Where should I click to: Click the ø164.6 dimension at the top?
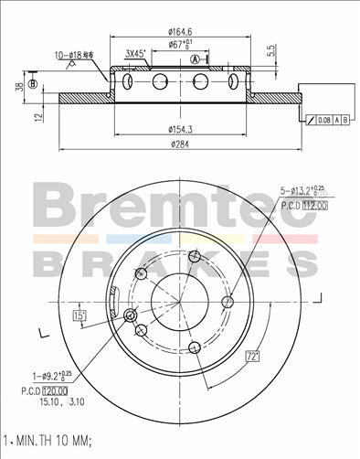coord(178,31)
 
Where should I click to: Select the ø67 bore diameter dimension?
coord(178,43)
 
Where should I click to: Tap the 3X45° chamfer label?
coord(136,53)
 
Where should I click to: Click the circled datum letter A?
coord(196,59)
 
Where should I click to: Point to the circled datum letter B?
coord(33,85)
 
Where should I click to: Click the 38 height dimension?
coord(18,88)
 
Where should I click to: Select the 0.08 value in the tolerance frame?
coord(323,120)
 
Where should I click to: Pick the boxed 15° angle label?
coord(79,315)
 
